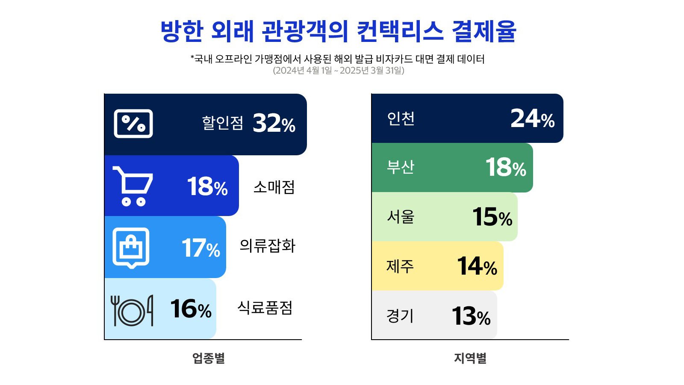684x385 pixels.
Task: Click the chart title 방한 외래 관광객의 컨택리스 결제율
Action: tap(338, 31)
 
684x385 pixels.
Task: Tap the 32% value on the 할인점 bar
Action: tap(274, 123)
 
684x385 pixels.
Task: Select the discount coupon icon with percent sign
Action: tap(133, 124)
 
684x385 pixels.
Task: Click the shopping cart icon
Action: tap(133, 186)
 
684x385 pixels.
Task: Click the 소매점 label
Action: tap(274, 187)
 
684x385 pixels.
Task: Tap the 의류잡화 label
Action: tap(267, 246)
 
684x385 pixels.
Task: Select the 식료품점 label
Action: tap(265, 308)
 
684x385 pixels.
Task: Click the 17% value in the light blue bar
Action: tap(200, 248)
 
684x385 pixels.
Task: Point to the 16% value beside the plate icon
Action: tap(191, 309)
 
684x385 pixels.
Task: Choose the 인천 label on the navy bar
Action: tap(401, 118)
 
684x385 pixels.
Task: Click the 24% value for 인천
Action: tap(532, 118)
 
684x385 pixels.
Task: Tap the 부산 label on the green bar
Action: tap(401, 167)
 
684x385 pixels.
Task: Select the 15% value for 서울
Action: tap(492, 217)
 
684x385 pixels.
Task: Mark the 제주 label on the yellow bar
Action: tap(400, 266)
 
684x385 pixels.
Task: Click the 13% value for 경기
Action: tap(471, 316)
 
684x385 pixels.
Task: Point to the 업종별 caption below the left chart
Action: tap(208, 358)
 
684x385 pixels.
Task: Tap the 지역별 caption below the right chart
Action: tap(470, 358)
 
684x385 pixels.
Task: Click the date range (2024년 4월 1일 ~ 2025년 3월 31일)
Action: tap(338, 71)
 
